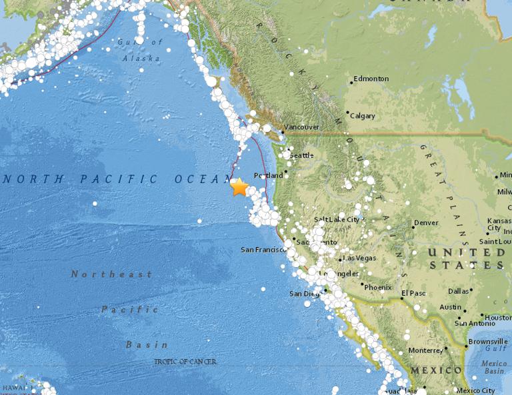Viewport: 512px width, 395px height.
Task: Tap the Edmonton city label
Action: (371, 79)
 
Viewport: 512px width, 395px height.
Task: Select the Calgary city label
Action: (363, 116)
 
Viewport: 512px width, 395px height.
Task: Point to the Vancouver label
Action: (301, 127)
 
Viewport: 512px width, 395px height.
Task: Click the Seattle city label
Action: (301, 155)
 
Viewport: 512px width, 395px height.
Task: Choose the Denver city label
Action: (426, 222)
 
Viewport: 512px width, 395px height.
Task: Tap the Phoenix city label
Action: (377, 287)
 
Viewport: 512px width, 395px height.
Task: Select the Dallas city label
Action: (459, 291)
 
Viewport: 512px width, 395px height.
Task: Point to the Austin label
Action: (450, 307)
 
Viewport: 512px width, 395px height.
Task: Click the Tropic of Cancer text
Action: (185, 361)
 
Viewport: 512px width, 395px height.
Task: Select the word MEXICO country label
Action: (436, 370)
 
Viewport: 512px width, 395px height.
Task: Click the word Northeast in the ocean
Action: (111, 274)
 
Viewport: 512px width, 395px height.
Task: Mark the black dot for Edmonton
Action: (351, 83)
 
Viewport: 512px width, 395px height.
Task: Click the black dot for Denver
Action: (411, 226)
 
